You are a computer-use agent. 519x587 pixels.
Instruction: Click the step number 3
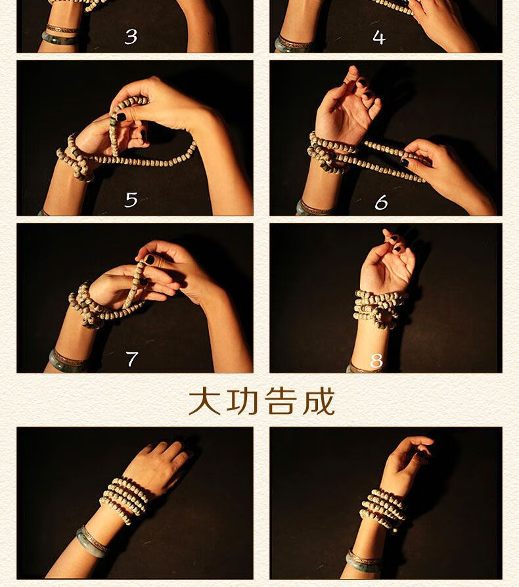131,37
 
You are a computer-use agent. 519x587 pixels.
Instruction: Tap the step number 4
379,37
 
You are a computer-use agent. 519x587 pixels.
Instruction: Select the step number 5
131,200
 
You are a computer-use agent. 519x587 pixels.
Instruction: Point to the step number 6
381,202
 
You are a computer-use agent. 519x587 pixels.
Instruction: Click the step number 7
131,359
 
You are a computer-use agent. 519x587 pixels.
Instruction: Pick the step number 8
376,361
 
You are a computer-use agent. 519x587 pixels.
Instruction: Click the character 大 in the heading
204,402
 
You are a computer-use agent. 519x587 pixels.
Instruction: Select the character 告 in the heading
281,402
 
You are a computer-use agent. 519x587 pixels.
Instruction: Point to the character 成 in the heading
319,402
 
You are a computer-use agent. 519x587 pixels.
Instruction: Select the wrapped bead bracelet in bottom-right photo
383,509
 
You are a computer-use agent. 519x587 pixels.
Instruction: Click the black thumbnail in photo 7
150,260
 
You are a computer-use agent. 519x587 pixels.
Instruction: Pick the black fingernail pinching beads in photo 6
405,162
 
